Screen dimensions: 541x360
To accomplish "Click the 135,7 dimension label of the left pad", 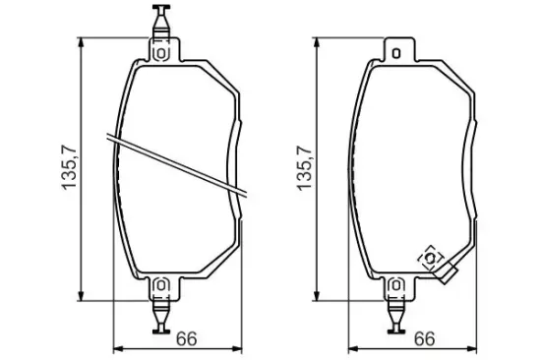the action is click(x=69, y=167).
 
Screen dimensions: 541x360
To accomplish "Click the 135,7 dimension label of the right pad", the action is click(x=304, y=168).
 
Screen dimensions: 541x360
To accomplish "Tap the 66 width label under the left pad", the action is click(x=186, y=339).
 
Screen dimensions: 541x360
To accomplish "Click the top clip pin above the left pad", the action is click(x=161, y=21).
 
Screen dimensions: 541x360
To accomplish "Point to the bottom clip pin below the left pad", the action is click(x=161, y=316).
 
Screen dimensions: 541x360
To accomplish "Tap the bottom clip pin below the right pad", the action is click(x=396, y=316).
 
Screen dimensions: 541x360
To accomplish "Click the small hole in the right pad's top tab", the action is click(x=396, y=53).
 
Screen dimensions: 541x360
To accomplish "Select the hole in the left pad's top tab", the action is click(x=161, y=53).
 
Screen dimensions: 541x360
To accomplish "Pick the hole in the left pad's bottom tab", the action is click(x=161, y=286).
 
